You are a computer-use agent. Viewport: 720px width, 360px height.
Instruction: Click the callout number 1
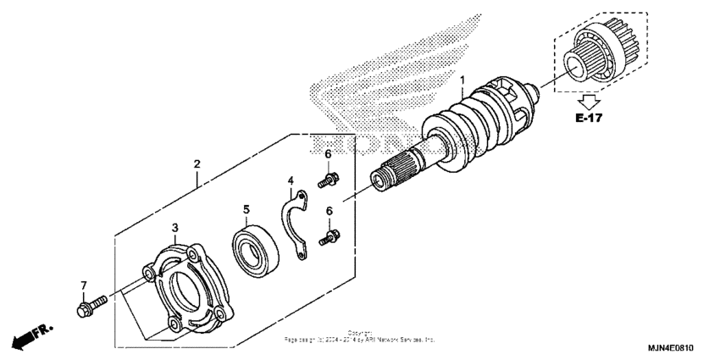click(x=462, y=82)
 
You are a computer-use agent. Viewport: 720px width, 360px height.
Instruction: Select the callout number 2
click(x=197, y=163)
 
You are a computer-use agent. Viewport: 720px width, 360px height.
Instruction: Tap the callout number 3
click(x=174, y=227)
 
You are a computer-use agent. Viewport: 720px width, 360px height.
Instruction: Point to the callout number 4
click(x=290, y=180)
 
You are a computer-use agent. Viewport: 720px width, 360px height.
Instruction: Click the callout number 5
click(x=246, y=208)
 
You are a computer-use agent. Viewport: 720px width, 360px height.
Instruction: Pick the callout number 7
click(x=83, y=284)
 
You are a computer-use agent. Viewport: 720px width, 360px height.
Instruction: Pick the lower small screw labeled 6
click(x=330, y=239)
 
